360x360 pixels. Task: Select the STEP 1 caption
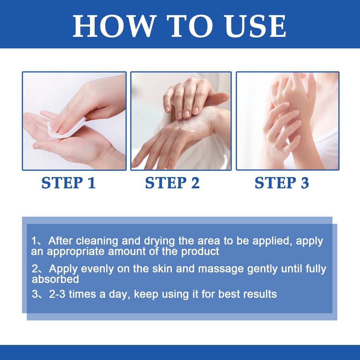coord(69,183)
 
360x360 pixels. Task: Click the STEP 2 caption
coord(172,183)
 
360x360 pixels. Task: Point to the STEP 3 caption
coord(282,183)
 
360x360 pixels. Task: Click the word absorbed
coord(55,279)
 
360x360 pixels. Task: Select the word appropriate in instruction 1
coord(76,252)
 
